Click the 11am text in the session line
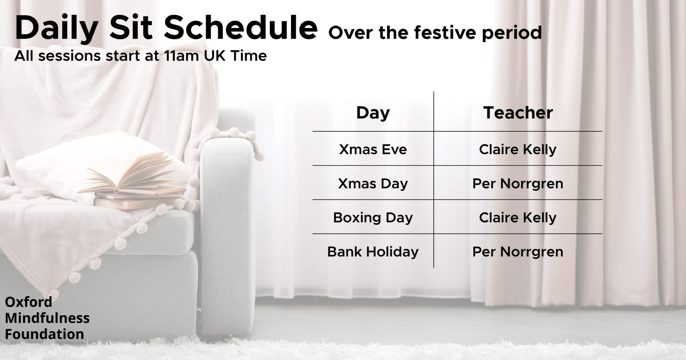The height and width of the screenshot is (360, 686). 182,56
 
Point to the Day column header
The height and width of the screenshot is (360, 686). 373,113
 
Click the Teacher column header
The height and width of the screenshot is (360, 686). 518,113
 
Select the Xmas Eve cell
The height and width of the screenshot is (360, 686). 373,149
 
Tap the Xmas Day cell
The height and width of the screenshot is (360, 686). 373,184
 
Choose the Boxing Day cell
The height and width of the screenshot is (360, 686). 373,218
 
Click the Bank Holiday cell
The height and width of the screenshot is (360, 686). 373,251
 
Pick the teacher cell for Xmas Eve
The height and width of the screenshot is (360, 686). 518,149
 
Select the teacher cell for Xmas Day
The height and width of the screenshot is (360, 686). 518,184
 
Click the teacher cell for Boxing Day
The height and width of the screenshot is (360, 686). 518,218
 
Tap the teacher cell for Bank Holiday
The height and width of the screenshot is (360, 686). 518,252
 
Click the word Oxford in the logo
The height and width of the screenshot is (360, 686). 28,302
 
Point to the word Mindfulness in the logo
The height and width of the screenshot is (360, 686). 47,318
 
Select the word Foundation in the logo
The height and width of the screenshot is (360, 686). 45,334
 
